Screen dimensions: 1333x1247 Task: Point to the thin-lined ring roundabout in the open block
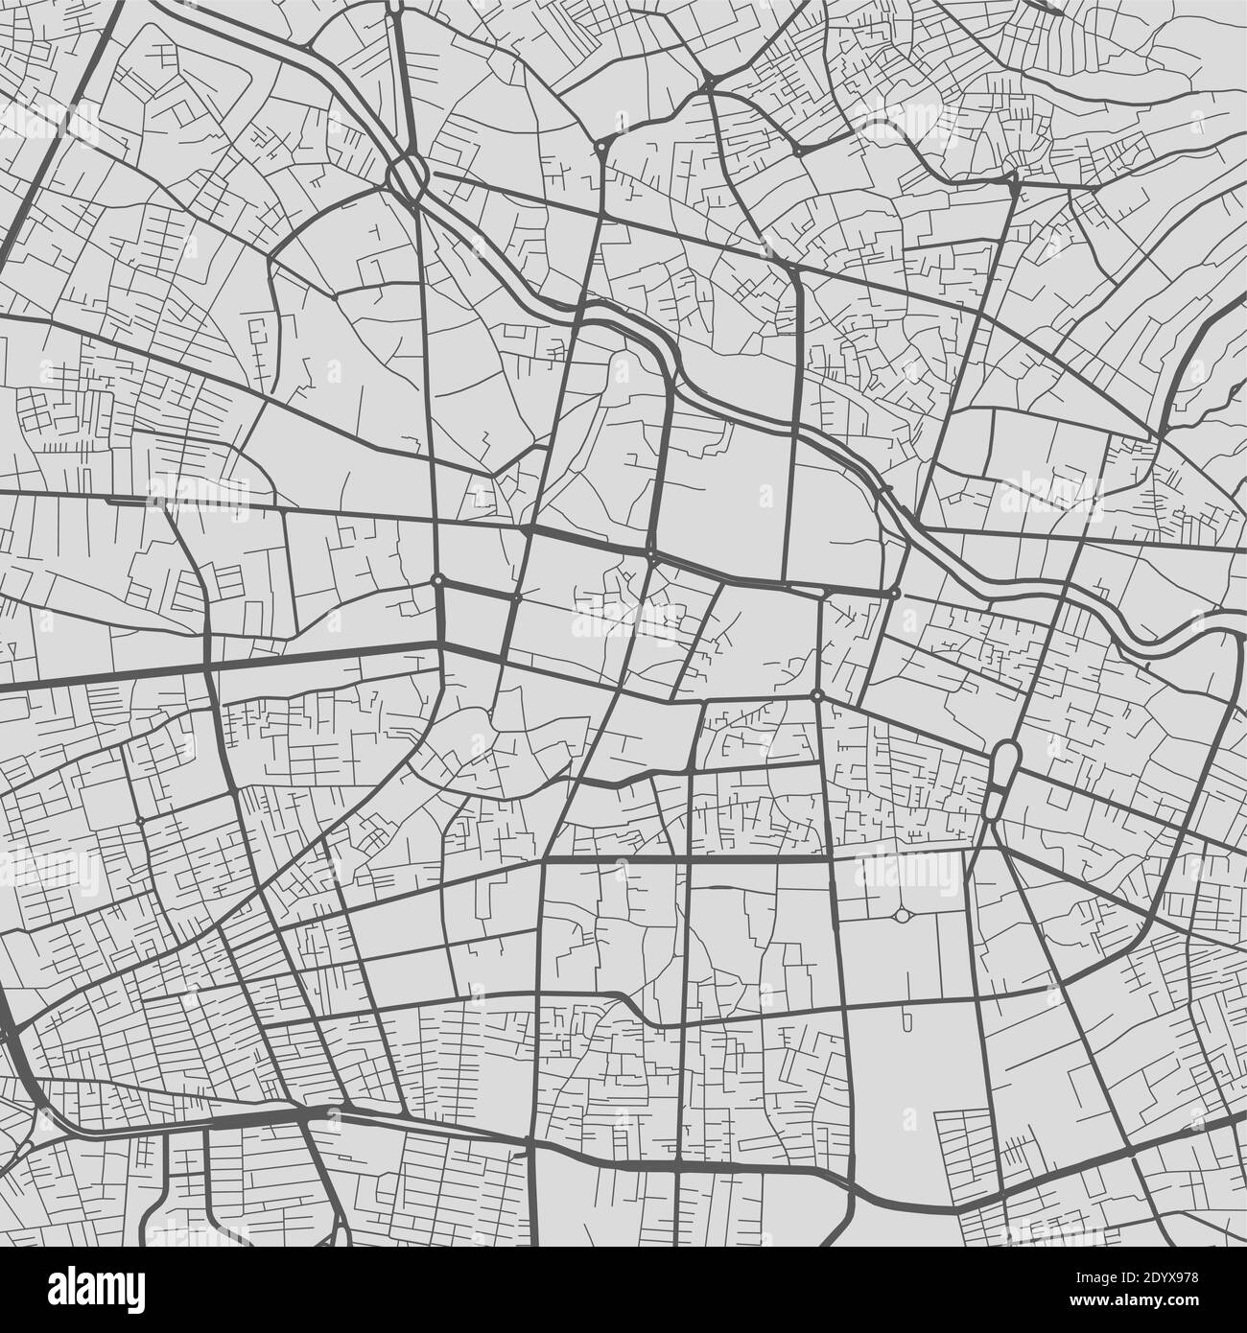pyautogui.click(x=902, y=917)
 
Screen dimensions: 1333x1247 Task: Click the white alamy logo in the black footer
pyautogui.click(x=96, y=1290)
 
